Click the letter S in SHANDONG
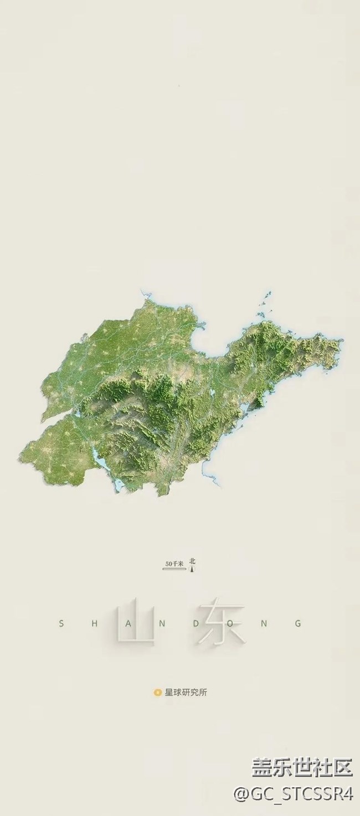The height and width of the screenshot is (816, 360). tap(61, 623)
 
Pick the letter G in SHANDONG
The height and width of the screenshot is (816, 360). tap(299, 623)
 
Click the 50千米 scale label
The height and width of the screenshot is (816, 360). tap(173, 564)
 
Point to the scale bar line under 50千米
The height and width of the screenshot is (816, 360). tap(173, 569)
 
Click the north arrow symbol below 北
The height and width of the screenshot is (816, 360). tap(192, 568)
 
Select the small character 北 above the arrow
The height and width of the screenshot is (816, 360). tap(192, 560)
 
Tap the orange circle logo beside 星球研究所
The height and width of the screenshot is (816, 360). tap(157, 692)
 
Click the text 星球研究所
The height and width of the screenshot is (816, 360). tap(186, 692)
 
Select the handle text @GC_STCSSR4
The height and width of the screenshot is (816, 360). tap(294, 794)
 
